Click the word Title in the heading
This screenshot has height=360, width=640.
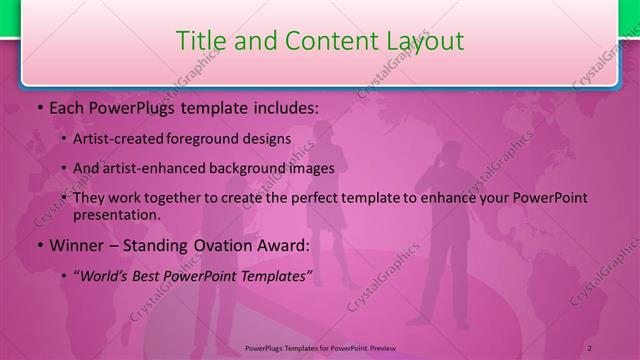(x=199, y=41)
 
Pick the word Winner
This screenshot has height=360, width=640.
(x=74, y=244)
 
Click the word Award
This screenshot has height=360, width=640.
(x=288, y=244)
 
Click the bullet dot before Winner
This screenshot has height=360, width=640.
(x=39, y=245)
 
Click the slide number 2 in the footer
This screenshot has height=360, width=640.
(x=590, y=348)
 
